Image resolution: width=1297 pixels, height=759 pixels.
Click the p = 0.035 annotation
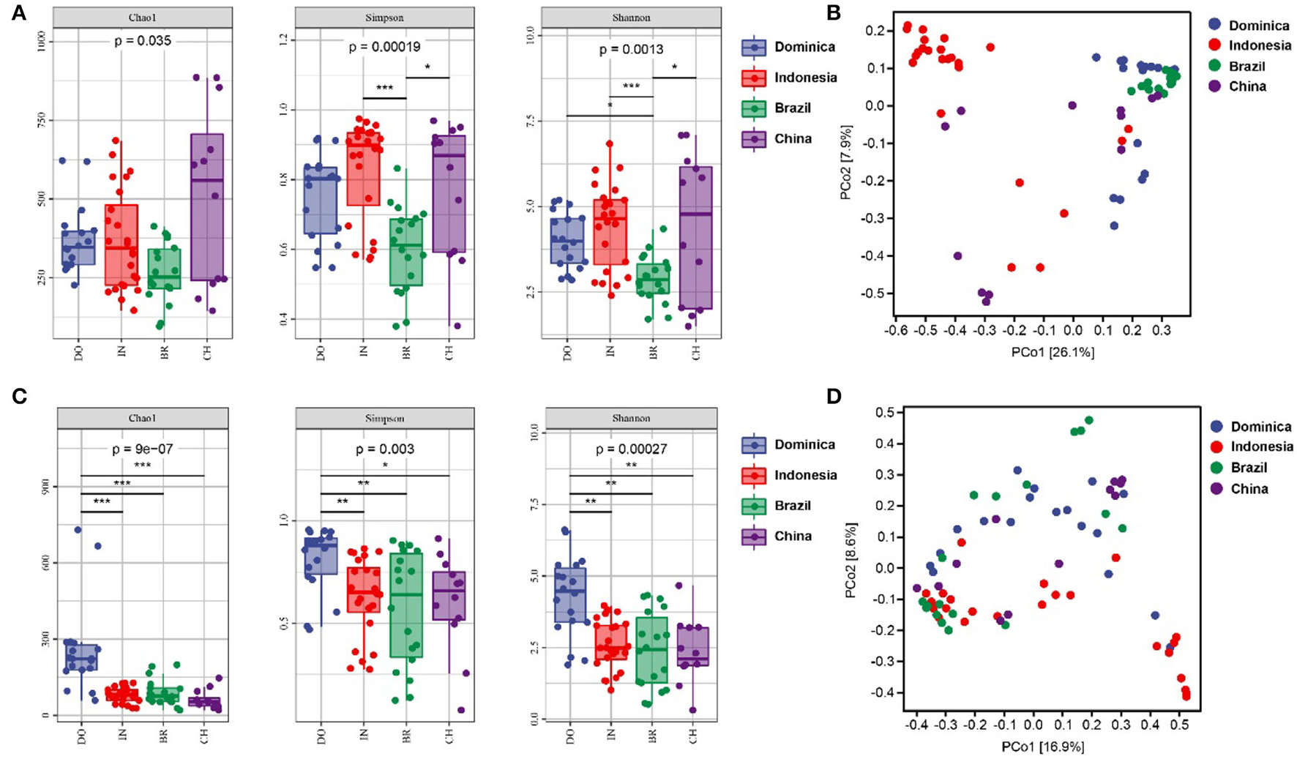point(143,41)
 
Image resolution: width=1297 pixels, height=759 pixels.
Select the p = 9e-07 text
point(143,449)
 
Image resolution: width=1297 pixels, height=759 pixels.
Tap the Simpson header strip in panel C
point(385,419)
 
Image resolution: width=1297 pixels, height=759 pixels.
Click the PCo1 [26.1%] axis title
point(1053,352)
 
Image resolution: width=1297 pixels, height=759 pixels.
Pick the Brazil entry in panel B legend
point(1246,66)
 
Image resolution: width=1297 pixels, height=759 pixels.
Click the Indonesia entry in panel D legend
point(1261,446)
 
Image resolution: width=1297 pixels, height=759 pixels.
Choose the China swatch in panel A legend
point(754,138)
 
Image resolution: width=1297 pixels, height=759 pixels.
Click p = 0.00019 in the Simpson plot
point(384,47)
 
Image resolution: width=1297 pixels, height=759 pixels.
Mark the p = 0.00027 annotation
point(630,449)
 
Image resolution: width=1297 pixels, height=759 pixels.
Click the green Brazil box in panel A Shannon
point(652,277)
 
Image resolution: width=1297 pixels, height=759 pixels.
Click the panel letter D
point(834,396)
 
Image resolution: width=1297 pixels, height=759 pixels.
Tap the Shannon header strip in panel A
point(631,18)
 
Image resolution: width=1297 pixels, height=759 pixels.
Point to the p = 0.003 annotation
point(384,449)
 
